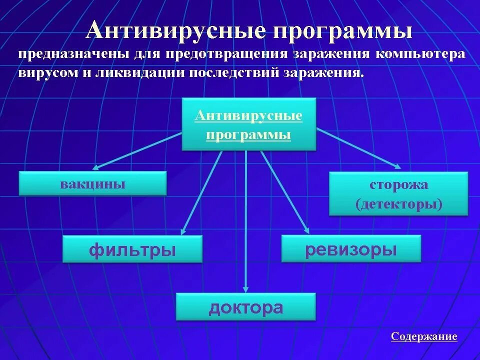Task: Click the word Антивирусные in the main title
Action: tap(175, 31)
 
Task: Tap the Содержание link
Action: tap(424, 336)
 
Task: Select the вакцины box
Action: tap(92, 183)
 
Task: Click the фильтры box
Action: tap(132, 249)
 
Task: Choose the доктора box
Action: tap(245, 307)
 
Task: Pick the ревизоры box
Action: tap(351, 249)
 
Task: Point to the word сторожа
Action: tap(399, 185)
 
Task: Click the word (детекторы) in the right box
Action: tap(399, 204)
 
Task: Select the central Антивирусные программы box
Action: tap(248, 124)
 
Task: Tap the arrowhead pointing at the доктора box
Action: tap(245, 288)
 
